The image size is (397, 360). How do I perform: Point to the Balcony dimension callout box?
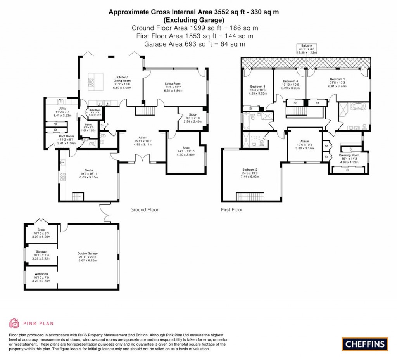(307, 49)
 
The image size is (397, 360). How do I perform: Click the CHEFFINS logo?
(365, 343)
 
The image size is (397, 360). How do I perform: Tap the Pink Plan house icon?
(14, 323)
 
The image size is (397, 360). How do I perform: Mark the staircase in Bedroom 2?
(250, 196)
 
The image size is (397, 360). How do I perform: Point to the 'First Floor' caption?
(231, 210)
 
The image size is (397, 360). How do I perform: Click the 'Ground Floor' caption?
(144, 210)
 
